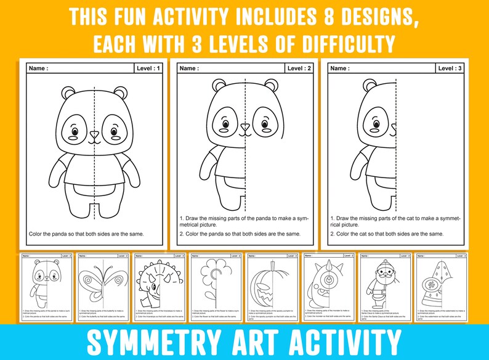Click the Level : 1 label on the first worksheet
(148, 68)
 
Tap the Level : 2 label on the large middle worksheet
(299, 68)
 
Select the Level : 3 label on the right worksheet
(450, 68)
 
